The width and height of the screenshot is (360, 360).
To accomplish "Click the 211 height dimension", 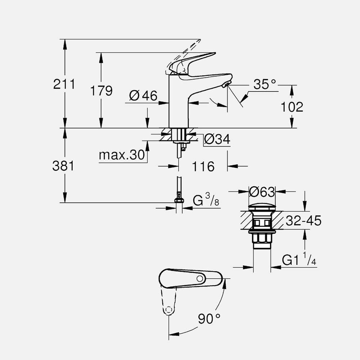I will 64,84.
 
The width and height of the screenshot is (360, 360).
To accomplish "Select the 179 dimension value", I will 101,91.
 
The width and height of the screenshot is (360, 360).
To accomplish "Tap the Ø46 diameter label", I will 143,96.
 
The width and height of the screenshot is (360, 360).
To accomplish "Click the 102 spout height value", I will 291,107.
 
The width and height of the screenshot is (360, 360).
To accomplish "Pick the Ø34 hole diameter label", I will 217,139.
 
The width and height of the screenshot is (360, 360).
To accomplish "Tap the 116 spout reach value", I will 203,166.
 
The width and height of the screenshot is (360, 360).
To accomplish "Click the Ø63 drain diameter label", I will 262,192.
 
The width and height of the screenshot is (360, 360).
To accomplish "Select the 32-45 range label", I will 303,221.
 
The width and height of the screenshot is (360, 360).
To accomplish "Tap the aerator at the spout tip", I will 226,85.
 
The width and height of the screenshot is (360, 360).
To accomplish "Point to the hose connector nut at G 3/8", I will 179,201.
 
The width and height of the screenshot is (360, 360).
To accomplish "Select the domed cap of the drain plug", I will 262,207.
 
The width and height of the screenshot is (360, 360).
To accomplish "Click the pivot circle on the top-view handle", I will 200,279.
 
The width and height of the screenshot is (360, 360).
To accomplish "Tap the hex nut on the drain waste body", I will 262,238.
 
